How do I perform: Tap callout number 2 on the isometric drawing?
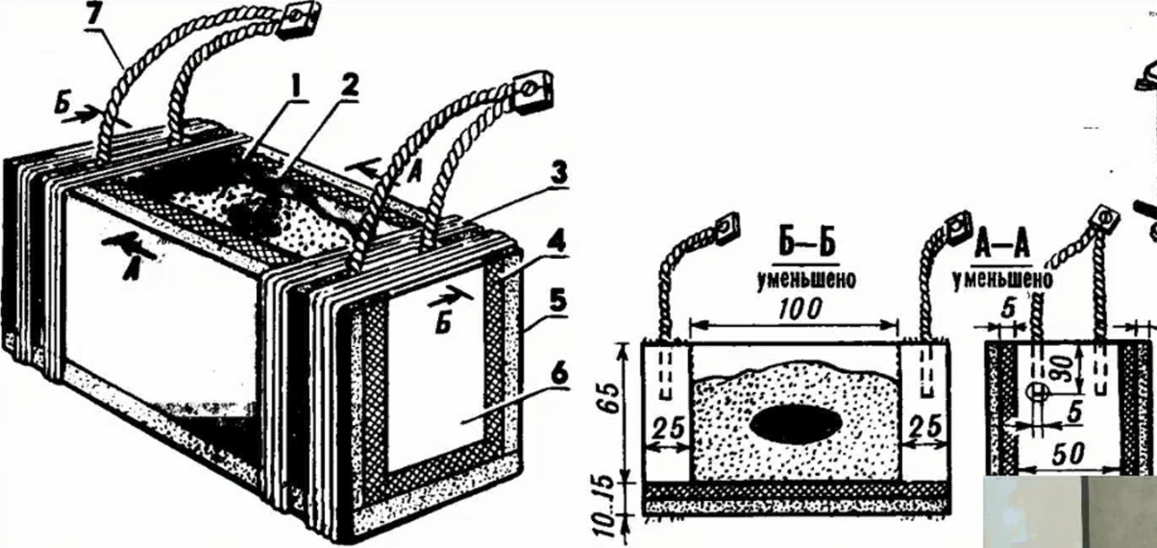point(348,87)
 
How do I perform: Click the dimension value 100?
point(799,311)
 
